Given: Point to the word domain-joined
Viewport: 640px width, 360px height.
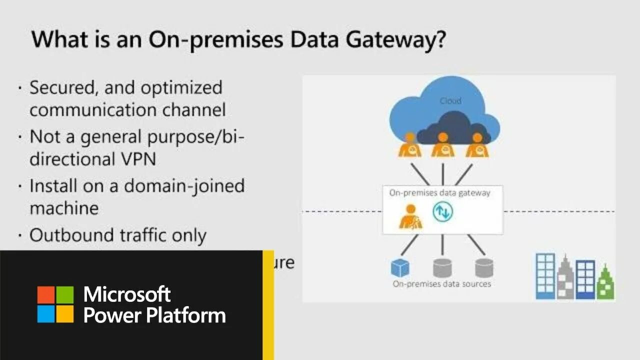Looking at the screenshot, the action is click(x=184, y=186).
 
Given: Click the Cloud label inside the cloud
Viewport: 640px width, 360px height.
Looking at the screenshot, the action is click(x=450, y=101).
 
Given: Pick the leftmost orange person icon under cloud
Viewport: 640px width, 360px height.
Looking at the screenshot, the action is click(x=409, y=145).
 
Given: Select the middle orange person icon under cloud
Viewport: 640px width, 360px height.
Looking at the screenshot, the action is click(x=442, y=145).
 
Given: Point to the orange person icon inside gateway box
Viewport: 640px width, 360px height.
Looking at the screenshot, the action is click(x=410, y=217).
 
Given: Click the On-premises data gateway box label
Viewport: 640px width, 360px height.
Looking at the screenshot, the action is click(x=439, y=193).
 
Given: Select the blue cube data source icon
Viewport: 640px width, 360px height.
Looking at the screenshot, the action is click(x=400, y=267).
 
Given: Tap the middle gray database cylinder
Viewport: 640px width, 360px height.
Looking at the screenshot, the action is click(x=442, y=267).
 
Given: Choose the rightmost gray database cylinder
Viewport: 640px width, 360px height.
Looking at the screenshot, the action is click(x=484, y=267).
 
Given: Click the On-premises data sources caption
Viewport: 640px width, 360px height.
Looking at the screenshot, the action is click(x=441, y=284).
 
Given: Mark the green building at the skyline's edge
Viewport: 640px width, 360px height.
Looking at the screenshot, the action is click(x=605, y=282).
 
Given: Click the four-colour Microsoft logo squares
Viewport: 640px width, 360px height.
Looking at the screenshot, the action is click(x=55, y=304).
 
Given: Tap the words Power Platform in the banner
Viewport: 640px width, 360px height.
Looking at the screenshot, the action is click(x=154, y=315).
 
